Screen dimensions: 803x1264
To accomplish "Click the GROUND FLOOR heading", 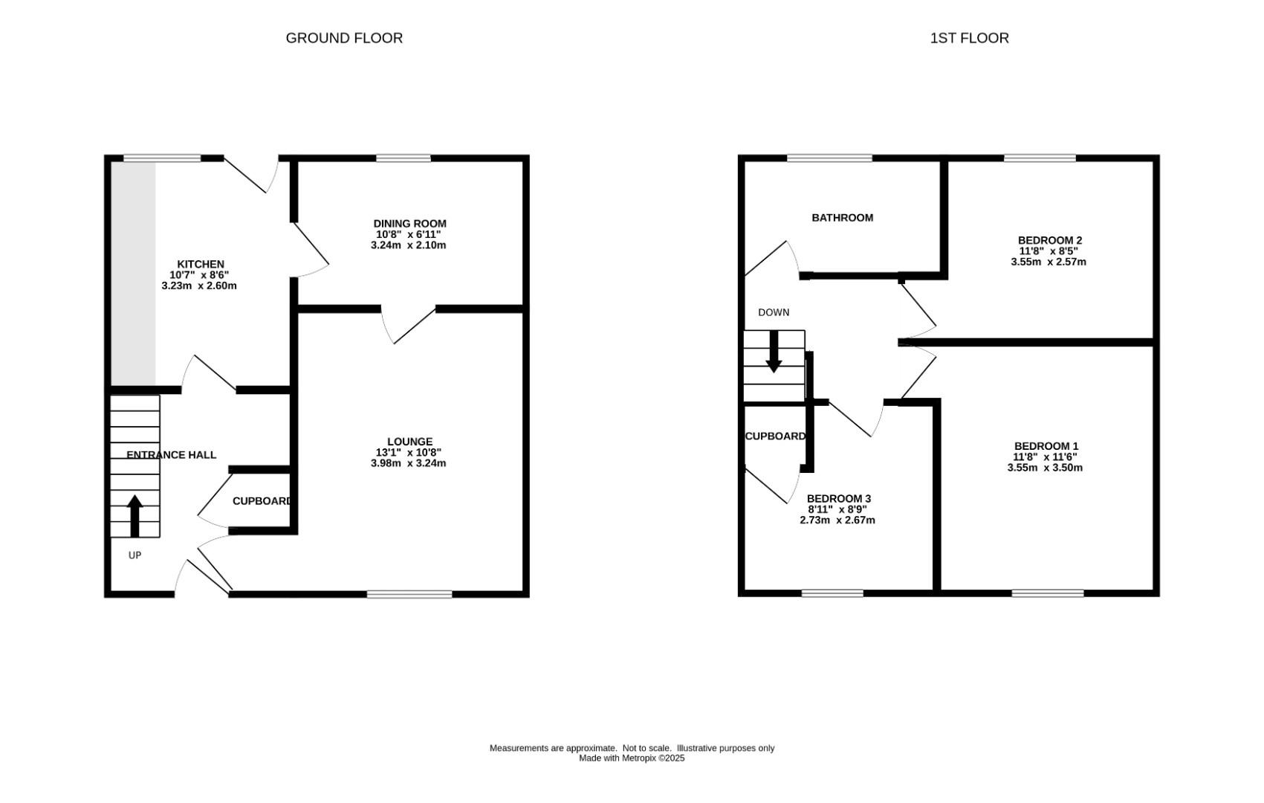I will click(344, 38).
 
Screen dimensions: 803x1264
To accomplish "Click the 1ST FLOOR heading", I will click(969, 38).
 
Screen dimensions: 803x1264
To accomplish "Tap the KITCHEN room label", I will click(200, 264).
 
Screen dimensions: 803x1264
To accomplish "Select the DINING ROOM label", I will click(409, 223).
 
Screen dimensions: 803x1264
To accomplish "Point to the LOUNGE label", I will click(409, 442).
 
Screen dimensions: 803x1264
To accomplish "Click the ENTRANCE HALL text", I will click(171, 455).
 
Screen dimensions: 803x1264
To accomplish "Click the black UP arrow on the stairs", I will click(134, 516).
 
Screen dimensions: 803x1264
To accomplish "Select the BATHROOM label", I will click(842, 218).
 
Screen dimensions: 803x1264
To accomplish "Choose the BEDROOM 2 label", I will click(1049, 240).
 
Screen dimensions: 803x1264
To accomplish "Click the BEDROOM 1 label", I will click(1046, 446).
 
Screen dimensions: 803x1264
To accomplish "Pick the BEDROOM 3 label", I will click(838, 498).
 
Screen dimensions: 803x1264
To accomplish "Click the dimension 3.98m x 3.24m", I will click(408, 463).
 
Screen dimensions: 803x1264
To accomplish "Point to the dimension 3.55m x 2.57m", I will click(1048, 262).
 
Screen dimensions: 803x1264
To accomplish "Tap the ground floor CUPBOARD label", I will click(262, 501).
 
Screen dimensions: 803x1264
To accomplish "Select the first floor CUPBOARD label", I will click(774, 436).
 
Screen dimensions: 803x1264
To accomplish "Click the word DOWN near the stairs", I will click(774, 312).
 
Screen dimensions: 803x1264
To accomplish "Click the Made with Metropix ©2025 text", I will click(632, 758).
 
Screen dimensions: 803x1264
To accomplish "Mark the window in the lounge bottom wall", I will click(409, 594).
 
